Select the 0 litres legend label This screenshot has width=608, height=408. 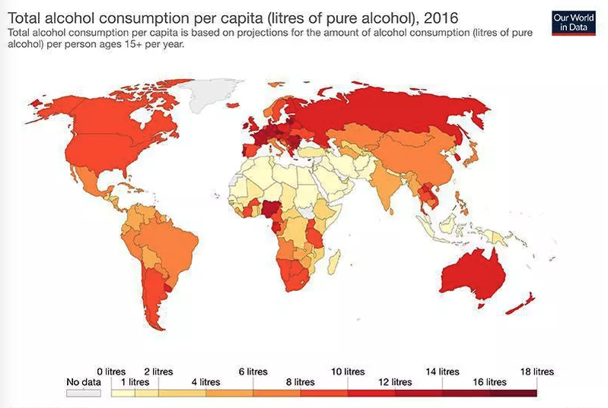tap(111, 372)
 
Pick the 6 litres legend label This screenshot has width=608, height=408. tap(253, 372)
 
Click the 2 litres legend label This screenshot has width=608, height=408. tap(158, 372)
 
